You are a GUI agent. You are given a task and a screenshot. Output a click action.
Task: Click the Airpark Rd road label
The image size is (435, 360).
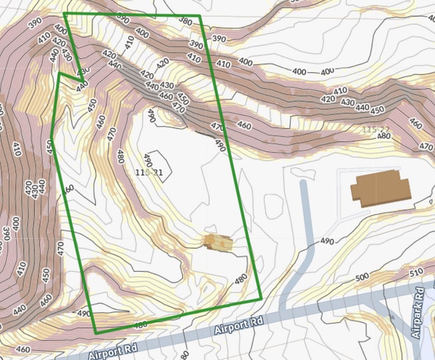point(418,313)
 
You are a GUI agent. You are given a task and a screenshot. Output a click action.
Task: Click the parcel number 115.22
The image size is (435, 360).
point(376,130)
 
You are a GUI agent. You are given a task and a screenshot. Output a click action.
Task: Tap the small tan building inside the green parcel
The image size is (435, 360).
point(218,242)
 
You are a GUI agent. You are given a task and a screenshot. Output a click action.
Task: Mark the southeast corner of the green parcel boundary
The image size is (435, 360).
point(262,299)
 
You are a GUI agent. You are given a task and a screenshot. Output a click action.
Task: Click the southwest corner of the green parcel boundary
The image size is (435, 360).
point(96,332)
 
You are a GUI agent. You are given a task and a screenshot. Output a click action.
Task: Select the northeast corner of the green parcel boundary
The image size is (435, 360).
point(200,16)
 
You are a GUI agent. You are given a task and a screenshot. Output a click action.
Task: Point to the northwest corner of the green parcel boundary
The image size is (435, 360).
point(64,13)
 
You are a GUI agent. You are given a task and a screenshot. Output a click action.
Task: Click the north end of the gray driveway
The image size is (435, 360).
point(303,183)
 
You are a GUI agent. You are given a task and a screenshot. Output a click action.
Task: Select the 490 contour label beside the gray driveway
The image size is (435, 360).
point(327,242)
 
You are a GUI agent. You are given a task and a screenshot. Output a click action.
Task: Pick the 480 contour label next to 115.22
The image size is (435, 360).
point(384,135)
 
